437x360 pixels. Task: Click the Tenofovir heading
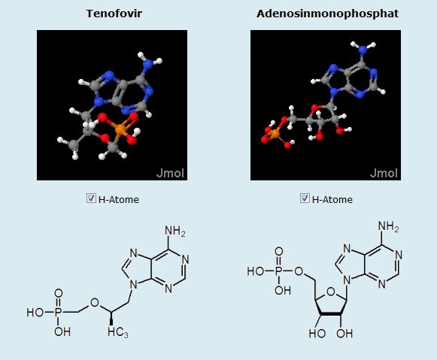point(114,14)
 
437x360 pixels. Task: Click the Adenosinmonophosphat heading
point(327,14)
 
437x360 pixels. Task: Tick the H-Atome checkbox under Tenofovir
point(91,198)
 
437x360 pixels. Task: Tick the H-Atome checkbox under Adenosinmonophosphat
point(305,198)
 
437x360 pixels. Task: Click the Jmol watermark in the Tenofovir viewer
point(170,173)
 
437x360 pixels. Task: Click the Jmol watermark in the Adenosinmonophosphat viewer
point(384,173)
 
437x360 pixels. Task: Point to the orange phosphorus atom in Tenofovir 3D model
point(120,129)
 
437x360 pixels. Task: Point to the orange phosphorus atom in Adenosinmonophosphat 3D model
point(275,134)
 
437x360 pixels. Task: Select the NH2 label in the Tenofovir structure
point(175,231)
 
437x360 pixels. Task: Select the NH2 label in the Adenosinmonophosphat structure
point(389,226)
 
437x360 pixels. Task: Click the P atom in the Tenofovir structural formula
point(58,312)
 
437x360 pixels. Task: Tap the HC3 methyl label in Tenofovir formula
point(118,332)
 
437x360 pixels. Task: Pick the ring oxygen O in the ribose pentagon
point(330,292)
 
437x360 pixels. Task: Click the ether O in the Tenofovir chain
point(95,302)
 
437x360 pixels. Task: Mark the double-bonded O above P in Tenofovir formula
point(58,293)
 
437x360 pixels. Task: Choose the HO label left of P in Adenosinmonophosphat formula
point(255,271)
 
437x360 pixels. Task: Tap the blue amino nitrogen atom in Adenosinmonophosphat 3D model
point(363,50)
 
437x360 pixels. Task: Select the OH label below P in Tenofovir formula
point(62,331)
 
